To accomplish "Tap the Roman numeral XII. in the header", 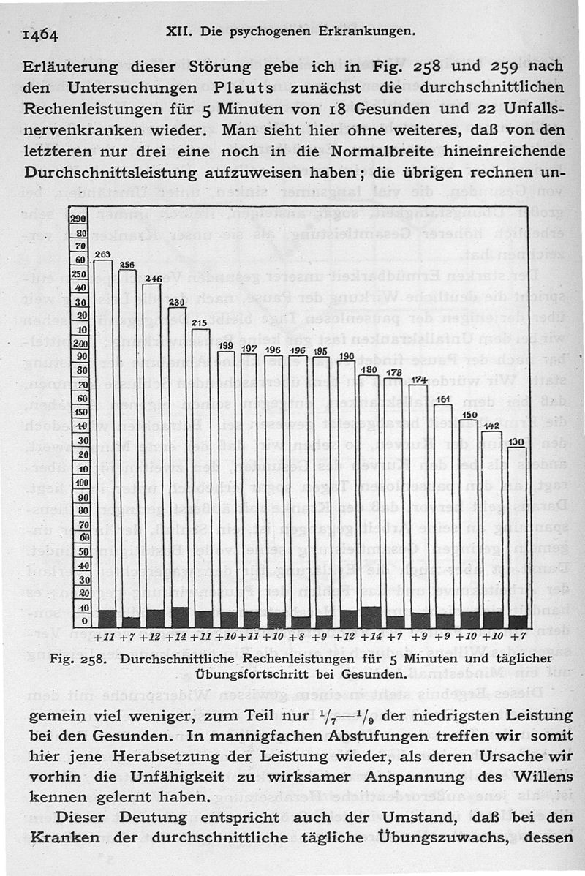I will pyautogui.click(x=180, y=31).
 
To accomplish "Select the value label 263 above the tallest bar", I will pyautogui.click(x=102, y=254).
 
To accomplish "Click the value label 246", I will pyautogui.click(x=153, y=278).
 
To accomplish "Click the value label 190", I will pyautogui.click(x=347, y=356).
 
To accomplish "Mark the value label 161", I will pyautogui.click(x=443, y=399).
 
